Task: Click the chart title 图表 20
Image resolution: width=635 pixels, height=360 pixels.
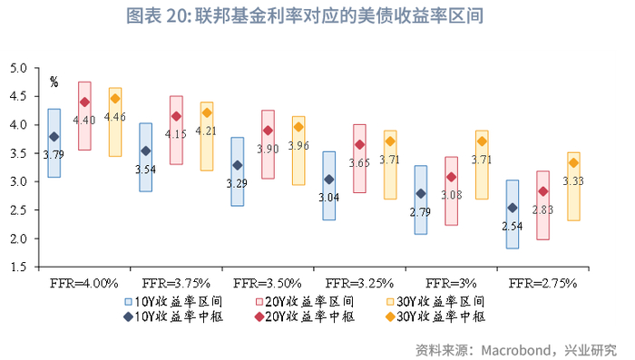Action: tap(317, 15)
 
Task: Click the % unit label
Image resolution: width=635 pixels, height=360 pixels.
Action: tap(54, 82)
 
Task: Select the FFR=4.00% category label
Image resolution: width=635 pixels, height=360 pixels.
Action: tap(83, 283)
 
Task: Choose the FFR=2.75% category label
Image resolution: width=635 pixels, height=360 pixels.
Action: tap(543, 283)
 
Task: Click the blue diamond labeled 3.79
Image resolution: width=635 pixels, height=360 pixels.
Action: tap(54, 137)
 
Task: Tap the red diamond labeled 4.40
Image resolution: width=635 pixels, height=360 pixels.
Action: tap(84, 102)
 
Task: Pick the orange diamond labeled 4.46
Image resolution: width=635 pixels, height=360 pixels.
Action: tap(115, 98)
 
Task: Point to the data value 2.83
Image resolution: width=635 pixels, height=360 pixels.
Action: tap(542, 209)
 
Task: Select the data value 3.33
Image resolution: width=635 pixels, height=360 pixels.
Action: tap(573, 180)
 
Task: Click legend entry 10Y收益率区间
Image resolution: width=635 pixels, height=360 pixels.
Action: tap(172, 301)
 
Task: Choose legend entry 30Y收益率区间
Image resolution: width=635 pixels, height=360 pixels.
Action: tap(435, 301)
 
